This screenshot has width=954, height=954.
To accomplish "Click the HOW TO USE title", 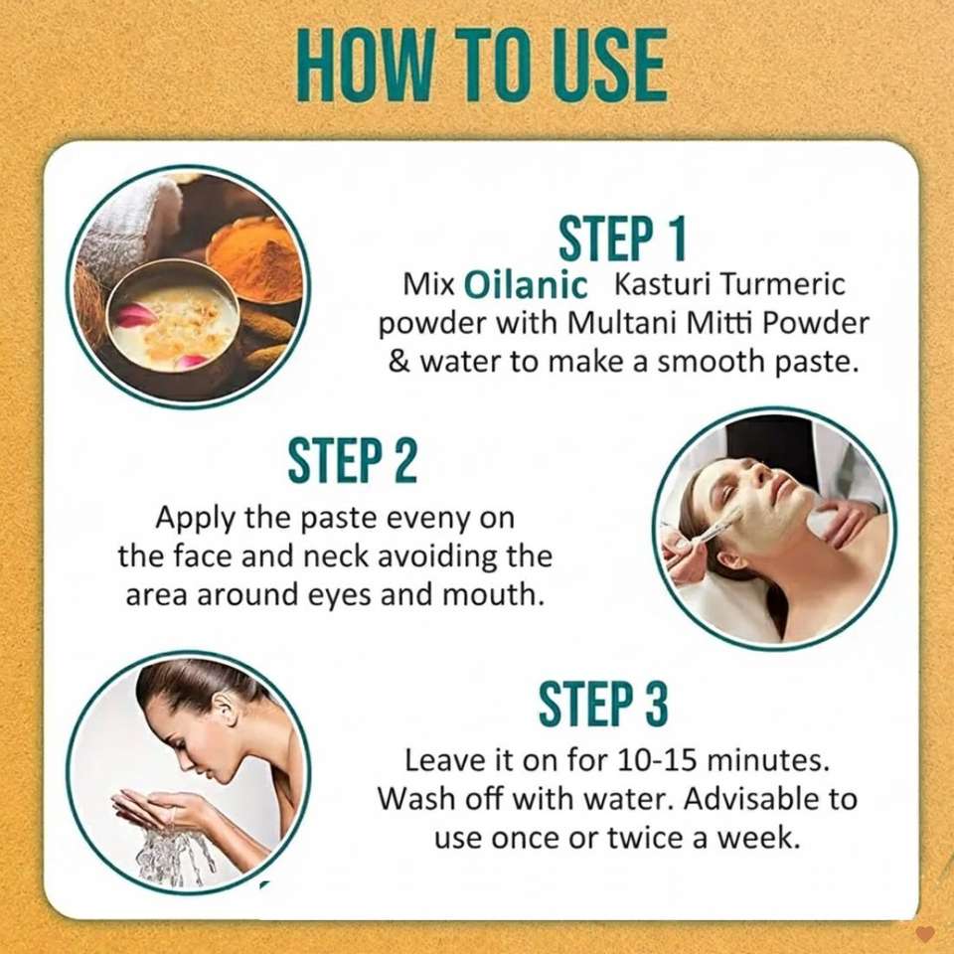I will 481,66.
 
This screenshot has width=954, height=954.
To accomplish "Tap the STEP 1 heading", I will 622,238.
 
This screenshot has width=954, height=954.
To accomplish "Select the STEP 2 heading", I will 352,459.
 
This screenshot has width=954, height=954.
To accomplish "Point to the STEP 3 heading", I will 603,704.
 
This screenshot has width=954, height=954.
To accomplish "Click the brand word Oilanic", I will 526,286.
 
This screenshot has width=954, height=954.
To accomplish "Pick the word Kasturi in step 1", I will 660,286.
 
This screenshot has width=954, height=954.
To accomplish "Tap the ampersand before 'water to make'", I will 398,362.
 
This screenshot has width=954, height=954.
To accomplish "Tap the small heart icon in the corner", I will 925,933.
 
